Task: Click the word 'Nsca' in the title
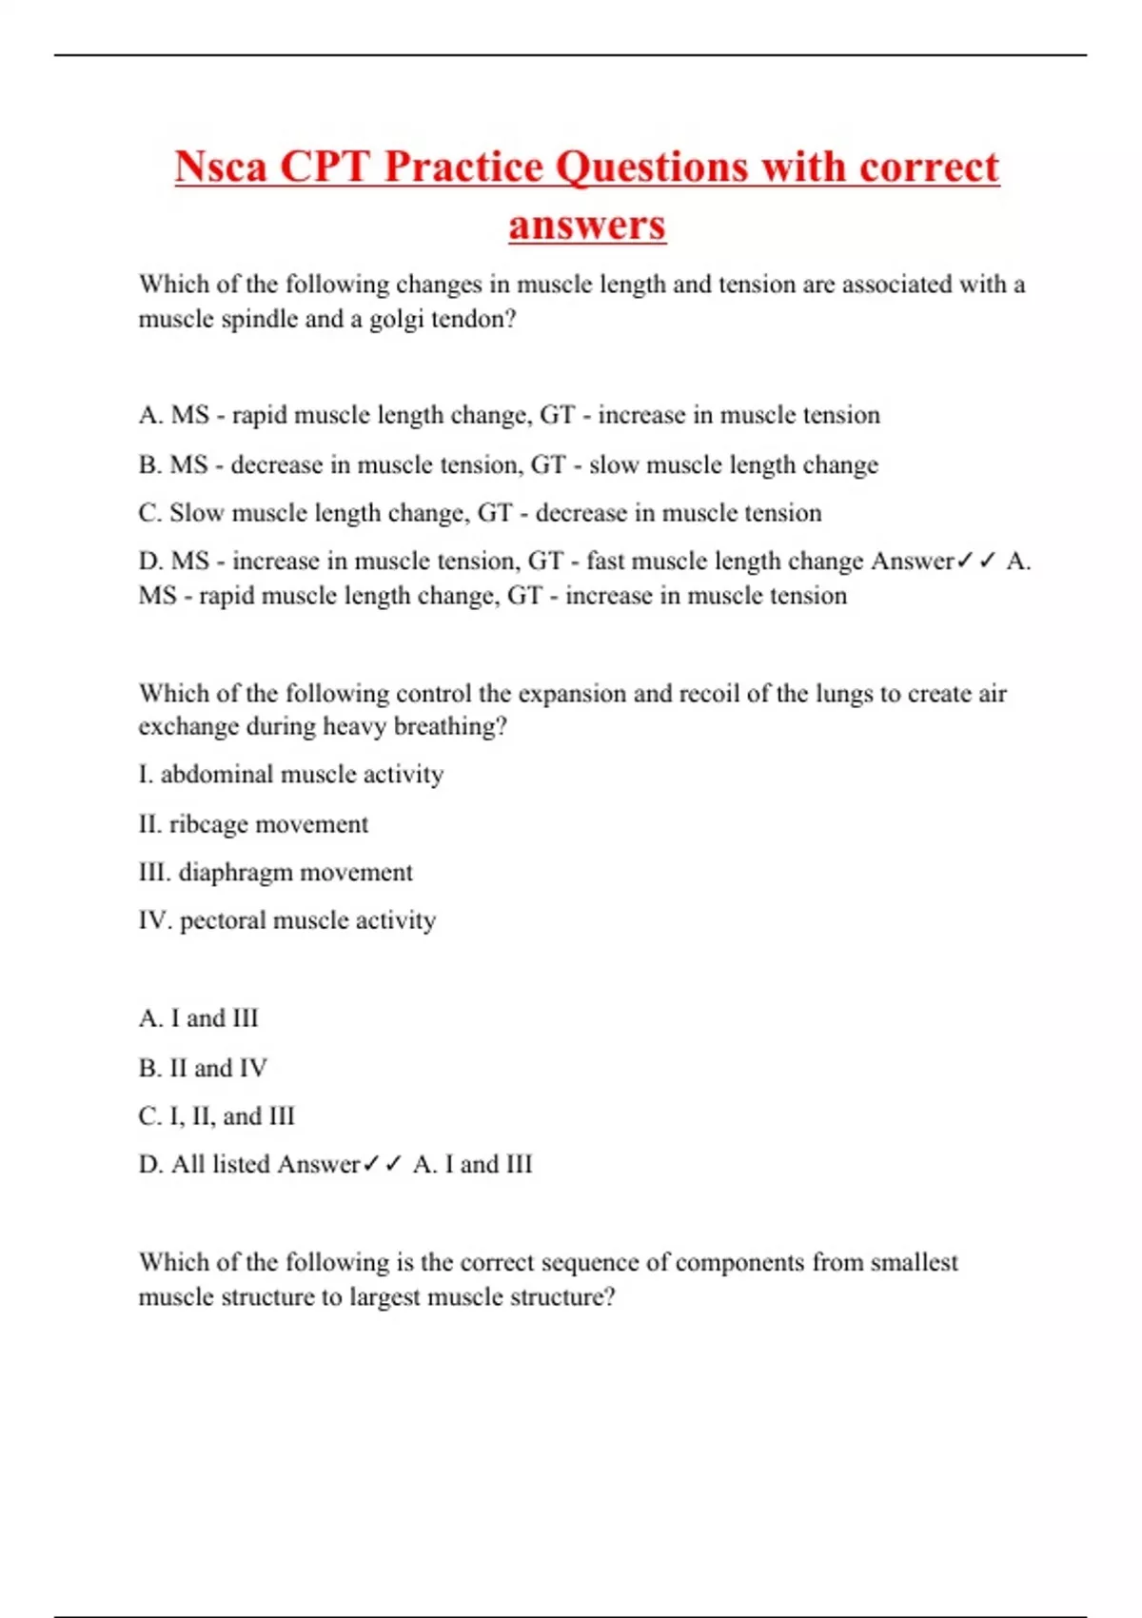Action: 221,168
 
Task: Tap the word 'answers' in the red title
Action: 586,226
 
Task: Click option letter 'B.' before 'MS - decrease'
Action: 149,464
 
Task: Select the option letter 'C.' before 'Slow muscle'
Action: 149,513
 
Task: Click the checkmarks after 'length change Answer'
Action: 977,562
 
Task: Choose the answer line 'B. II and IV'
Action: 203,1068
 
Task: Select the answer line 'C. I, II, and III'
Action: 217,1115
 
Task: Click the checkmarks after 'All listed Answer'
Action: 383,1164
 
